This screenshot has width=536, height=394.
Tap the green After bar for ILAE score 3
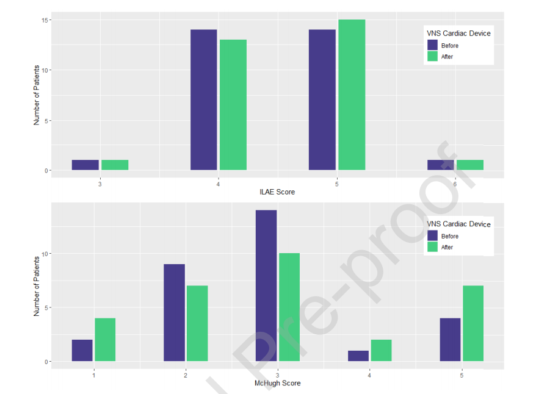(x=115, y=165)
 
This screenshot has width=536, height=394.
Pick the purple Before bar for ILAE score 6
(x=441, y=165)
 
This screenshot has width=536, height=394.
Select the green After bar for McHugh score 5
(x=473, y=323)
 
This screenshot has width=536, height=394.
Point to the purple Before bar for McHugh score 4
(x=358, y=356)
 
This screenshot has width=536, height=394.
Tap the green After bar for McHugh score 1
(x=105, y=340)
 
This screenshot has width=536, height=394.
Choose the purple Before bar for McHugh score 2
(x=174, y=312)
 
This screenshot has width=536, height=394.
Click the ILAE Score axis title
(x=277, y=193)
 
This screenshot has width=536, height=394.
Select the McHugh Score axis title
(x=277, y=383)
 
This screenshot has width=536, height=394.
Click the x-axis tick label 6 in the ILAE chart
(x=455, y=183)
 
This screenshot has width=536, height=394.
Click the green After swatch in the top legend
(x=432, y=56)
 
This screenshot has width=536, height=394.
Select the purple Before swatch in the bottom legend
(x=432, y=236)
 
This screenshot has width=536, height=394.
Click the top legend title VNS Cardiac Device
(x=458, y=34)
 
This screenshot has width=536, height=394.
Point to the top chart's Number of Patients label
(x=37, y=95)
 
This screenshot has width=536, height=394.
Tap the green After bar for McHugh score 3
(x=289, y=307)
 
